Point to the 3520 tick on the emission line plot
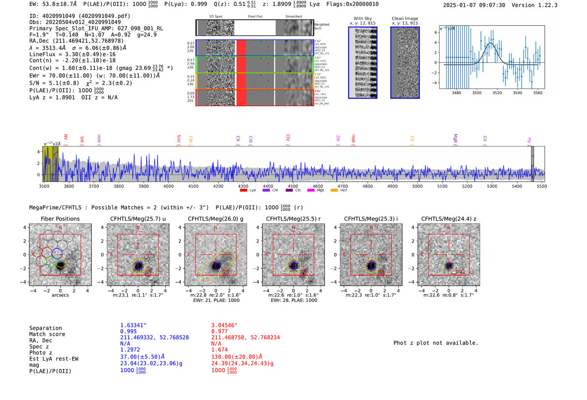(497, 93)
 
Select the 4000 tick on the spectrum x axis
(169, 186)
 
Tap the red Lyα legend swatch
(244, 191)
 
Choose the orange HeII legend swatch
(334, 191)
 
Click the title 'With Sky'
(363, 18)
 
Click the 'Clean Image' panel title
(405, 18)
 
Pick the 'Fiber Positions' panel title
(60, 219)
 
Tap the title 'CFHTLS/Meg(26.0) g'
(216, 219)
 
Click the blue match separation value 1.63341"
(133, 325)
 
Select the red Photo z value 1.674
(219, 350)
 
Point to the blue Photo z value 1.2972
(130, 350)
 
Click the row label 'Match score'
(47, 334)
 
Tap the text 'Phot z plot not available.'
(436, 343)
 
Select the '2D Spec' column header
(216, 17)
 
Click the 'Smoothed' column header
(293, 17)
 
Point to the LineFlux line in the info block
(72, 54)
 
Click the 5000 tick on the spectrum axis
(417, 186)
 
